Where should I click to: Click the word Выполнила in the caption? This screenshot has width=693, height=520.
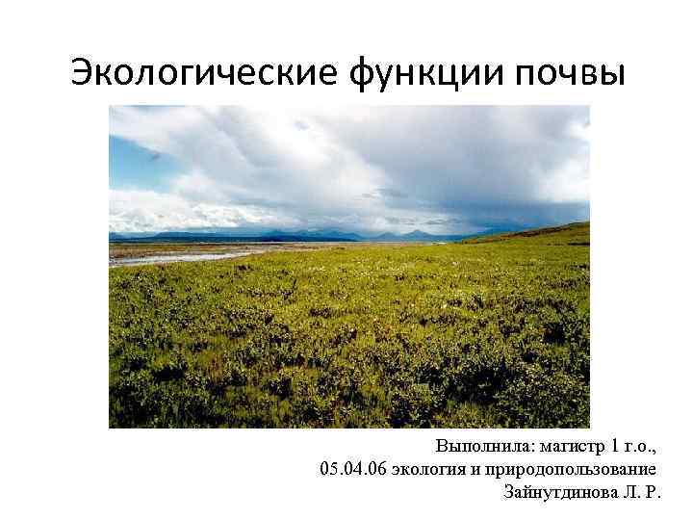[484, 447]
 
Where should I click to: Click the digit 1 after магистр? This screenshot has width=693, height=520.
[620, 447]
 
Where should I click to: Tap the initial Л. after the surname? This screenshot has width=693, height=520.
[629, 492]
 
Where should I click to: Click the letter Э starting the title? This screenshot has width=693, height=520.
[84, 72]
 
